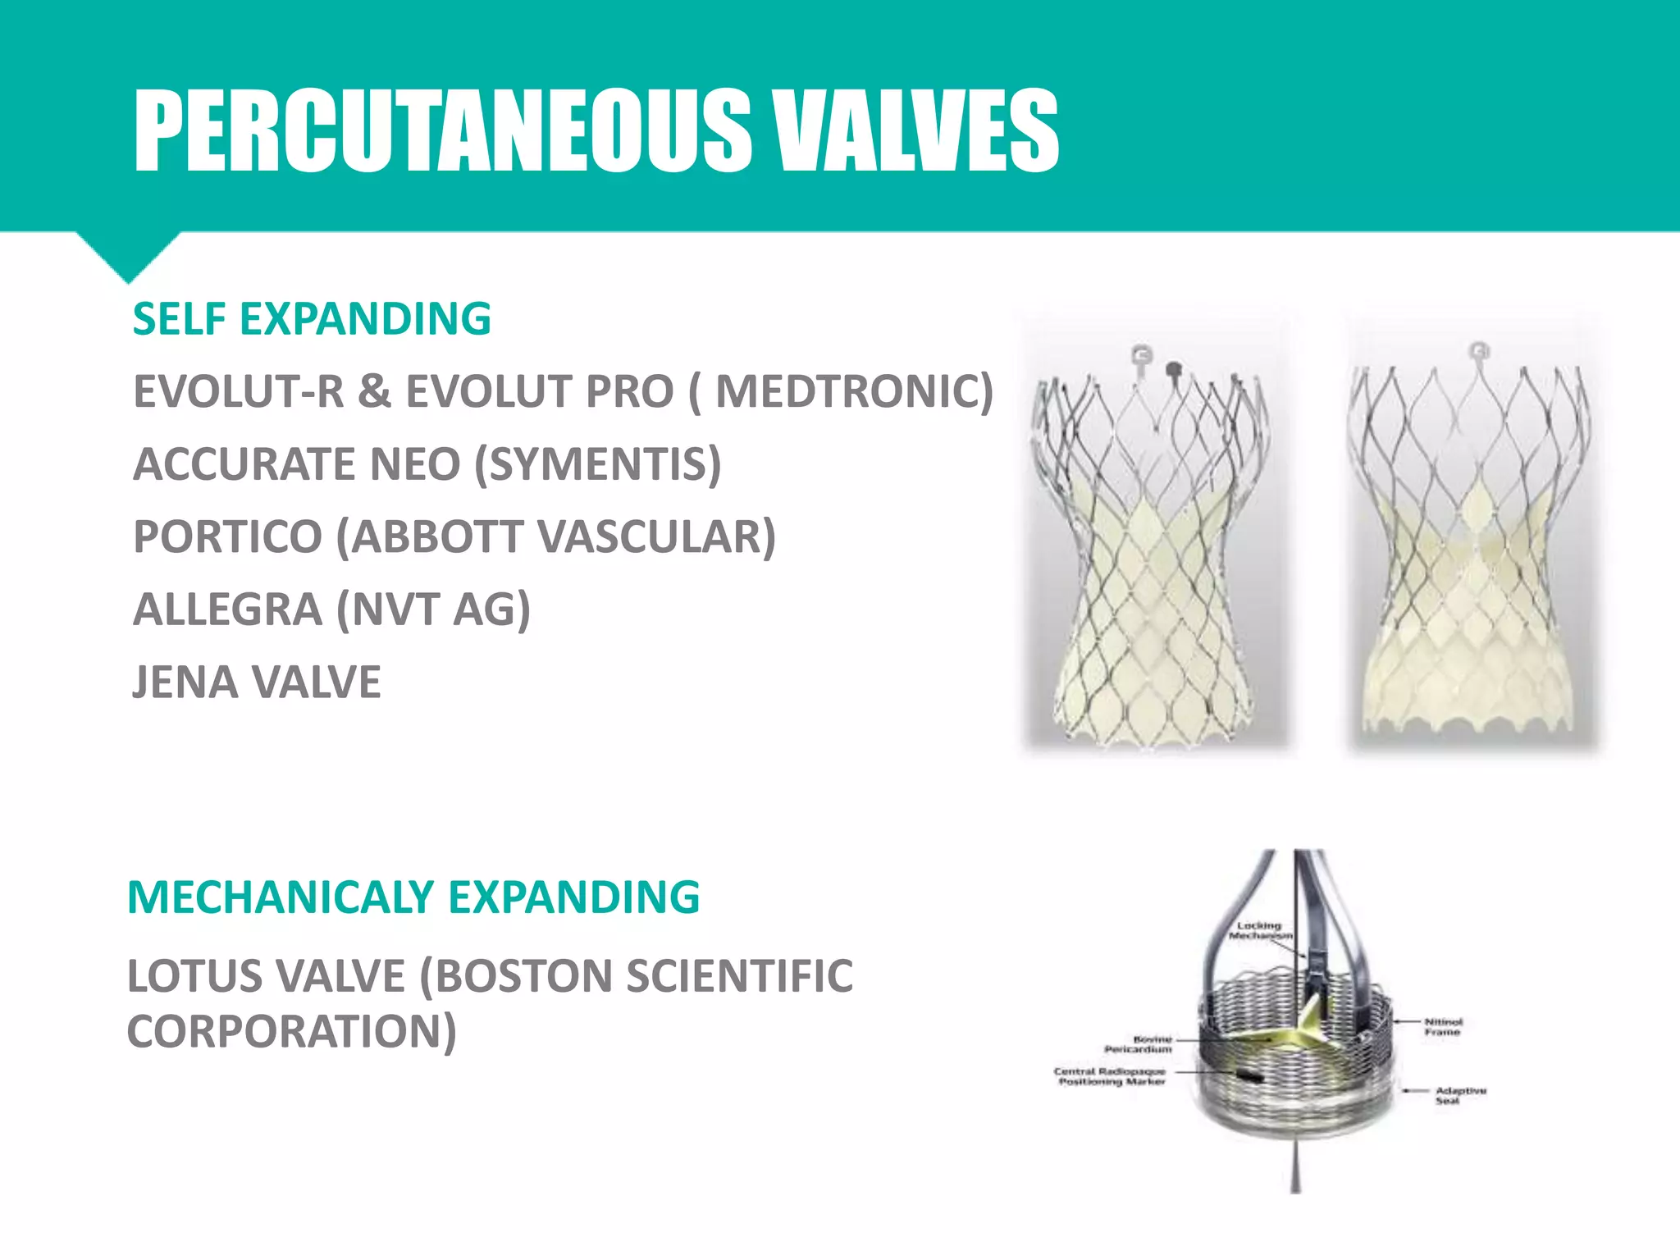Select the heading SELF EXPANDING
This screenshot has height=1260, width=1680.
click(312, 319)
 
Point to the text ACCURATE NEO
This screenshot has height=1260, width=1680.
click(297, 464)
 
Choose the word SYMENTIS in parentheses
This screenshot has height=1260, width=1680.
click(598, 464)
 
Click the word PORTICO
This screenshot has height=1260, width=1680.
click(227, 537)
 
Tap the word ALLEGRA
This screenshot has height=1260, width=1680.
click(227, 609)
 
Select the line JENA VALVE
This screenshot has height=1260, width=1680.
click(257, 682)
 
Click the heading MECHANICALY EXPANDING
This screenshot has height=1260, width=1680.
click(413, 897)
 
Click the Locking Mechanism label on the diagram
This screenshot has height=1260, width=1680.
click(1260, 930)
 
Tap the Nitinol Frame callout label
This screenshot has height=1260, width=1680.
click(1443, 1027)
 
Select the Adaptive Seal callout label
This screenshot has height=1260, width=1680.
click(1460, 1096)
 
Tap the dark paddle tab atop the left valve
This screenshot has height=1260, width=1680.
click(1174, 367)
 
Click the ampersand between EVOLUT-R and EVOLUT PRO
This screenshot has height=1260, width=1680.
click(374, 391)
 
